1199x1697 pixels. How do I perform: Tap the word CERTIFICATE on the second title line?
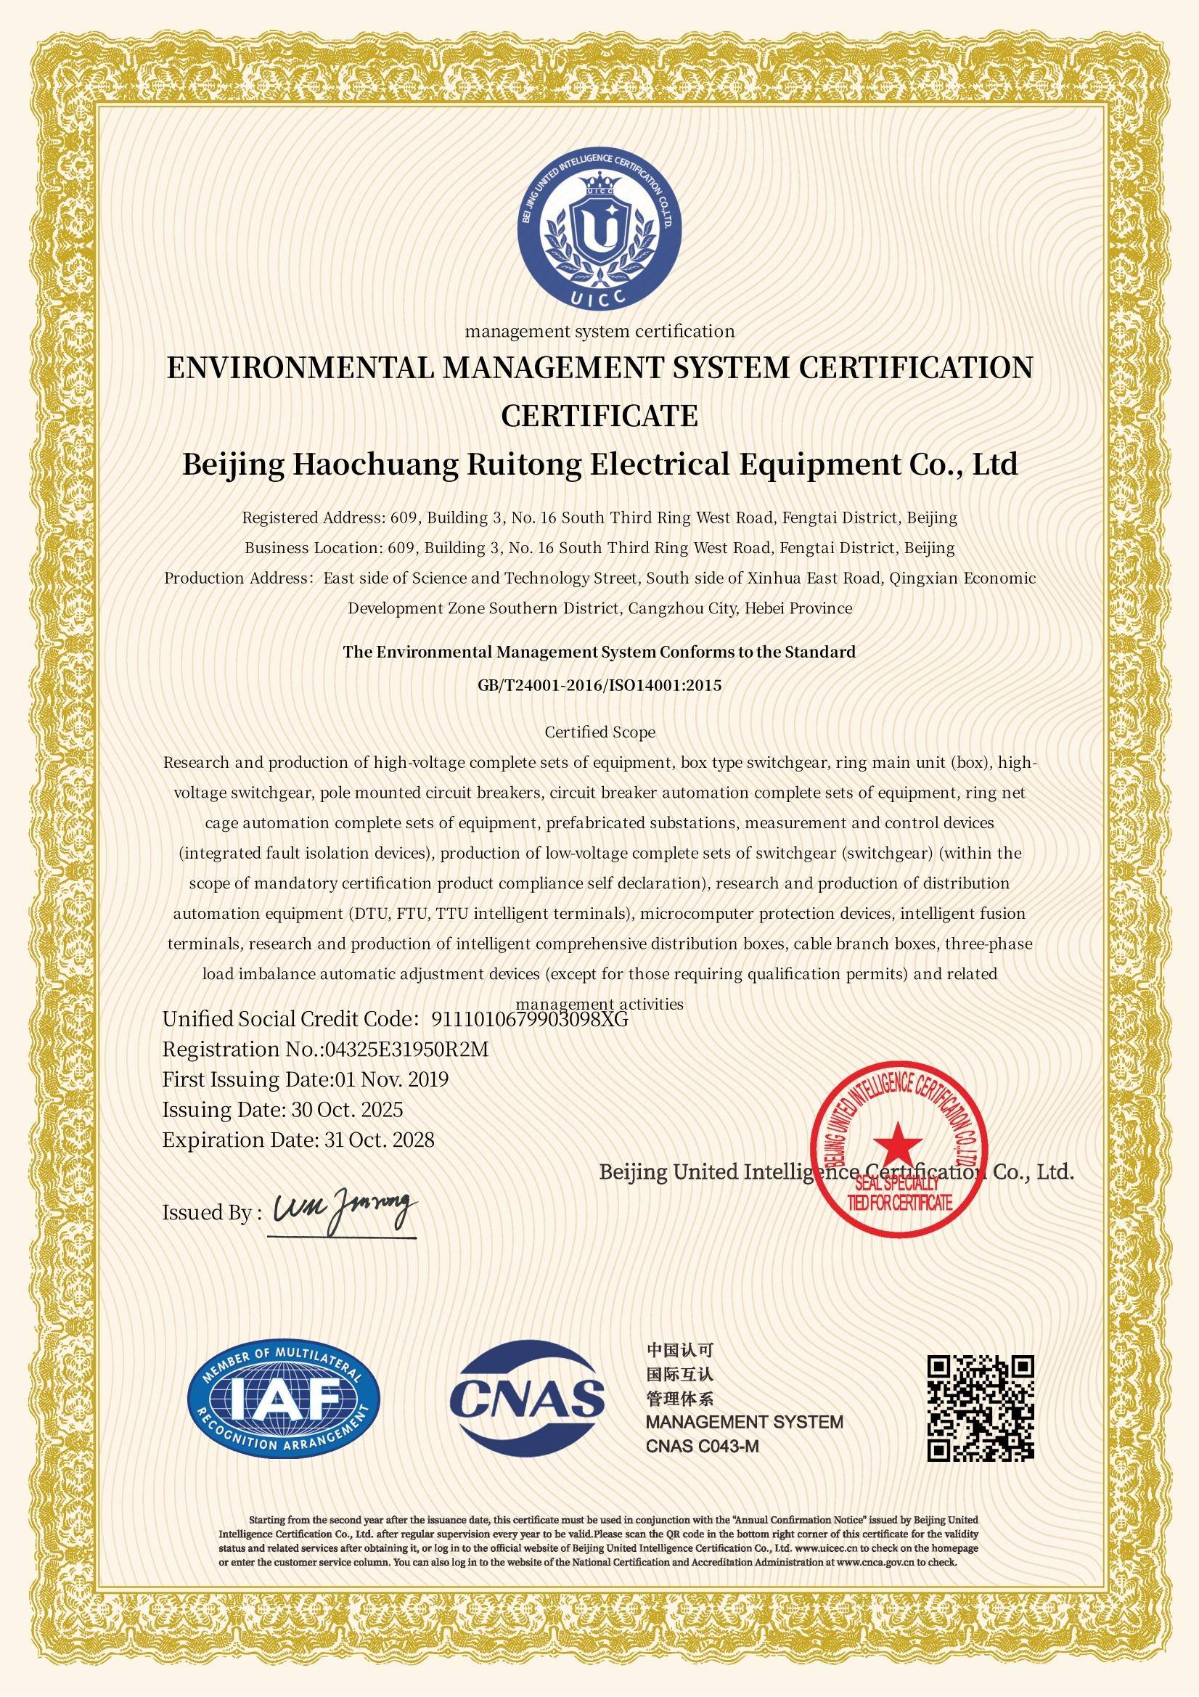tap(599, 416)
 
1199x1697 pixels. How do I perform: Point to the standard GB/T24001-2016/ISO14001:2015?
tap(599, 685)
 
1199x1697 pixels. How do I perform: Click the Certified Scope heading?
tap(599, 732)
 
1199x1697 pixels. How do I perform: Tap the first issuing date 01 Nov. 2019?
tap(392, 1079)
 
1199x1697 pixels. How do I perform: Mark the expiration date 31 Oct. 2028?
tap(379, 1140)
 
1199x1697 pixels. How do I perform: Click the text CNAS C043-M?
tap(703, 1447)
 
